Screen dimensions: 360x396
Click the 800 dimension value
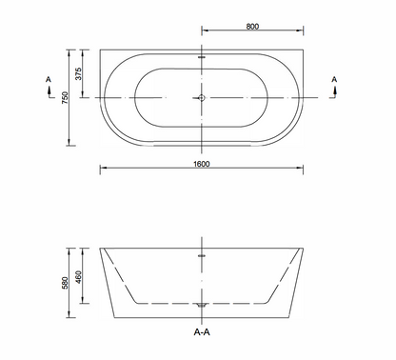[x=251, y=27]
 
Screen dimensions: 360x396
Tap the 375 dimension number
[x=82, y=72]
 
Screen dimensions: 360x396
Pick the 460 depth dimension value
[x=83, y=275]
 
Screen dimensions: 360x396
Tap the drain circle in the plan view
[x=200, y=97]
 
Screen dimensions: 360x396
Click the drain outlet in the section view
[x=200, y=305]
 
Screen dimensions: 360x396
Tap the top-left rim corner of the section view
[x=100, y=249]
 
